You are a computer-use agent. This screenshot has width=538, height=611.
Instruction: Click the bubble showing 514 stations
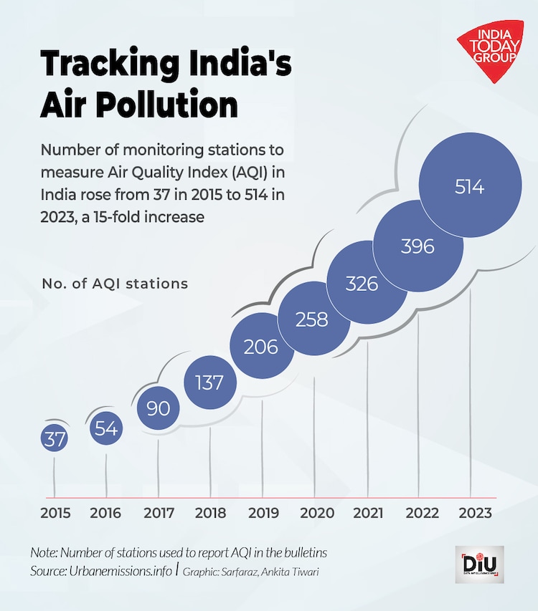(x=470, y=187)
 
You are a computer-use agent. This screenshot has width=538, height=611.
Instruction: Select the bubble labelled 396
(x=418, y=246)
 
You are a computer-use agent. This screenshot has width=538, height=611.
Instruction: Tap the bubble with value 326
(x=362, y=284)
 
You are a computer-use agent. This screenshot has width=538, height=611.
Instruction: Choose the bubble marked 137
(x=209, y=383)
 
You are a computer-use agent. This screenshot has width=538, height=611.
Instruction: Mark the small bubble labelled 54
(x=106, y=429)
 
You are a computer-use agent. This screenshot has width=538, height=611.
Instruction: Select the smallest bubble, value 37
(x=55, y=440)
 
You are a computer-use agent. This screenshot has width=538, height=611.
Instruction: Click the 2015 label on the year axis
(x=55, y=513)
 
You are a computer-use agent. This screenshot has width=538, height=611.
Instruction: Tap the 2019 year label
(x=263, y=513)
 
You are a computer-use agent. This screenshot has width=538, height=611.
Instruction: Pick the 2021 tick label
(x=367, y=513)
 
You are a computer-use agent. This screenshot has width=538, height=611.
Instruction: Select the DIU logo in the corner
(x=479, y=564)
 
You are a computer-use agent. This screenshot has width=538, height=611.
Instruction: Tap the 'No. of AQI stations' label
(x=114, y=284)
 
